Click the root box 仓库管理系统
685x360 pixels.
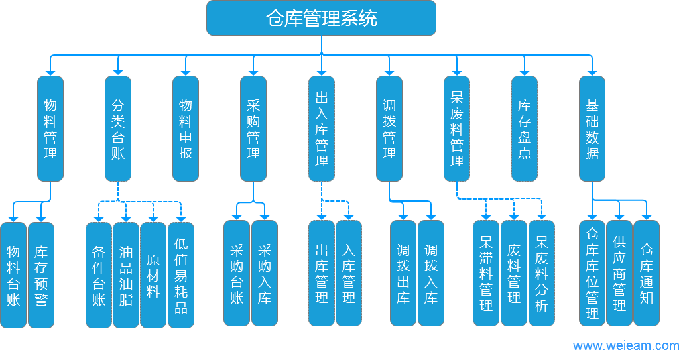[321, 18]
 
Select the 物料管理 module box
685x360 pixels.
[50, 129]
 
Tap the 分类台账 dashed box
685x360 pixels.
[118, 129]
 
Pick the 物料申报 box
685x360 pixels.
[186, 129]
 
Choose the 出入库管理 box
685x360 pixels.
[322, 129]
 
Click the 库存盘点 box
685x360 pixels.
[525, 129]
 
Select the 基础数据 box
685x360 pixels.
[592, 129]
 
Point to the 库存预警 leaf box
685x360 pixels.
[41, 274]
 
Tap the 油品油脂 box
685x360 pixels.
[126, 274]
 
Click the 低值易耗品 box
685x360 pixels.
[181, 274]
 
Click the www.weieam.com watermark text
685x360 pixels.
[626, 345]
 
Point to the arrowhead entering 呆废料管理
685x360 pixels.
[457, 71]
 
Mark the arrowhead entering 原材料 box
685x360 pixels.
[153, 217]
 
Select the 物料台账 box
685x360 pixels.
[13, 274]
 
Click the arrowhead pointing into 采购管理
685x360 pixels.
[253, 71]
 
